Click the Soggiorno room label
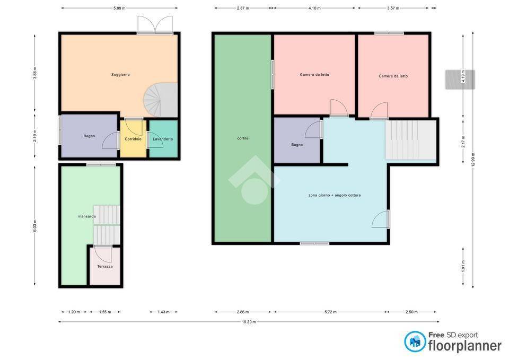120,75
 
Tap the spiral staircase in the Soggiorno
160,100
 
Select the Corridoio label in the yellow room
133,139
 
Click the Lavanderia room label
163,139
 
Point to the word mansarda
86,216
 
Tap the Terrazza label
105,267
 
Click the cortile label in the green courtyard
243,138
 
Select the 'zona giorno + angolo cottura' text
335,196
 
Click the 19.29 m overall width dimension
249,322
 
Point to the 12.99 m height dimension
472,159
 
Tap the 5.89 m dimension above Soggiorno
119,8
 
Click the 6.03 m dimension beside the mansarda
35,226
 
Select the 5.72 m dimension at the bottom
330,312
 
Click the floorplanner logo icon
415,341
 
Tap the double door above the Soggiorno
155,25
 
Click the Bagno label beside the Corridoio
89,136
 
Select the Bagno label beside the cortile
297,145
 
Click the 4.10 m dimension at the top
314,8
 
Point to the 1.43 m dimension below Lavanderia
164,312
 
